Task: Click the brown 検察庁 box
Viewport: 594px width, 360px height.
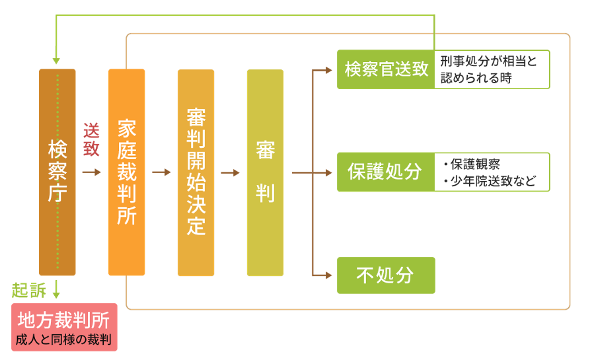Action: point(57,172)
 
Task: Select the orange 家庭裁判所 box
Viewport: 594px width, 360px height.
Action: point(126,172)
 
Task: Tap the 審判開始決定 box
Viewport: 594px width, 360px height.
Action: point(196,172)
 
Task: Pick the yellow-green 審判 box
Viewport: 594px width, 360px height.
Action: point(265,172)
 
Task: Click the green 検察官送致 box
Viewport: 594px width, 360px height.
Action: point(386,69)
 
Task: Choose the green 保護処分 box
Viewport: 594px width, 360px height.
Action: point(386,172)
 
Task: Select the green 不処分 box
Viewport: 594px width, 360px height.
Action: point(386,275)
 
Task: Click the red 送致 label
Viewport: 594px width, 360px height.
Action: point(91,139)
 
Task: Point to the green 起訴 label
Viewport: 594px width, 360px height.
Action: point(29,291)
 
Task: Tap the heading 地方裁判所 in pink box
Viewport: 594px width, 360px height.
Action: point(63,320)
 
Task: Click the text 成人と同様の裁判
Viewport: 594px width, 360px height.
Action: point(63,340)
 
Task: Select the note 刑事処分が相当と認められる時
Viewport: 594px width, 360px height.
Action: point(488,69)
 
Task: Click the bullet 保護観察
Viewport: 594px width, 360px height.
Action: point(472,164)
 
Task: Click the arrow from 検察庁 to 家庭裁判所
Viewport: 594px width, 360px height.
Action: point(92,172)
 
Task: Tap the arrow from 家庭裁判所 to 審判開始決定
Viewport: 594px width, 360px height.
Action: point(161,172)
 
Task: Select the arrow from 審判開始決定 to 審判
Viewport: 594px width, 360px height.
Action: point(231,172)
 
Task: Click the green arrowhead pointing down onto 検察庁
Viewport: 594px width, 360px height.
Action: point(56,61)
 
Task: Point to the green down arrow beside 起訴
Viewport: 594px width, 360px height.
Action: point(56,289)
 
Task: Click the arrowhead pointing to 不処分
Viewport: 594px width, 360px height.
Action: point(328,275)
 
